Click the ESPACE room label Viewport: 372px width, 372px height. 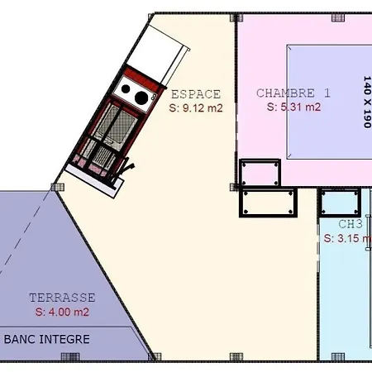[196, 93]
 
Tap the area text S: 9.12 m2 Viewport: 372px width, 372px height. [196, 107]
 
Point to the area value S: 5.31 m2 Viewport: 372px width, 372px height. [293, 107]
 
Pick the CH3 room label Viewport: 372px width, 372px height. [351, 224]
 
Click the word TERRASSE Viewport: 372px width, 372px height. [62, 298]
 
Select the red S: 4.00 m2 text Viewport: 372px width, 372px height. [62, 312]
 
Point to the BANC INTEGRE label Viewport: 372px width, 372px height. [47, 339]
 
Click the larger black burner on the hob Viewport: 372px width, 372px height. [141, 98]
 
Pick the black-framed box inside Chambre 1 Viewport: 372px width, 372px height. [260, 173]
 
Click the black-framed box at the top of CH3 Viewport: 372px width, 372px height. [340, 202]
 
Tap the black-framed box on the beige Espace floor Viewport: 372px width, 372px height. [268, 202]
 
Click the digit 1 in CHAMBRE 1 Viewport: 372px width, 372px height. [327, 93]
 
